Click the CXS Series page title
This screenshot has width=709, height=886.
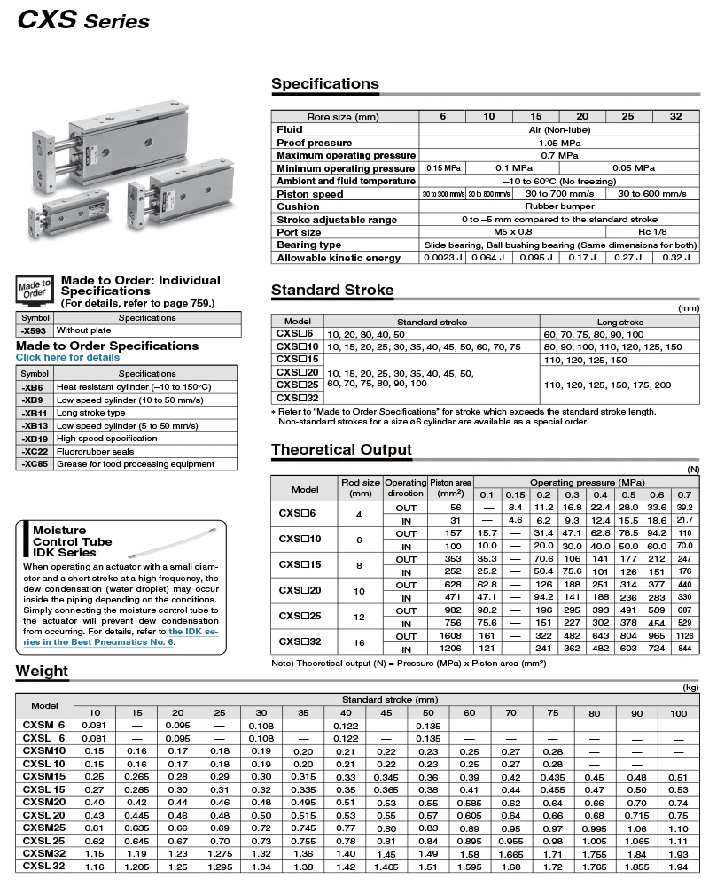[x=83, y=19]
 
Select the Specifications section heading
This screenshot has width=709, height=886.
[x=324, y=84]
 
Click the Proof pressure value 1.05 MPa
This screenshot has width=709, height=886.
[x=557, y=143]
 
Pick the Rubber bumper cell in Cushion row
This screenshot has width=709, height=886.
[x=557, y=206]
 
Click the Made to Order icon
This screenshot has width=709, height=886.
[x=35, y=290]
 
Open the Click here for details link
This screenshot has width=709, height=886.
[x=67, y=358]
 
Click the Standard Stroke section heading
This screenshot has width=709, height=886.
[x=332, y=291]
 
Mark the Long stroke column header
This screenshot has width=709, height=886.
[x=619, y=322]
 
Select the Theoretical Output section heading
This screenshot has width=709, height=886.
[x=341, y=450]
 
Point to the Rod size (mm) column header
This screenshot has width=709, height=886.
[x=361, y=488]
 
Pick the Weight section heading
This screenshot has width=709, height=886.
[x=42, y=672]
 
